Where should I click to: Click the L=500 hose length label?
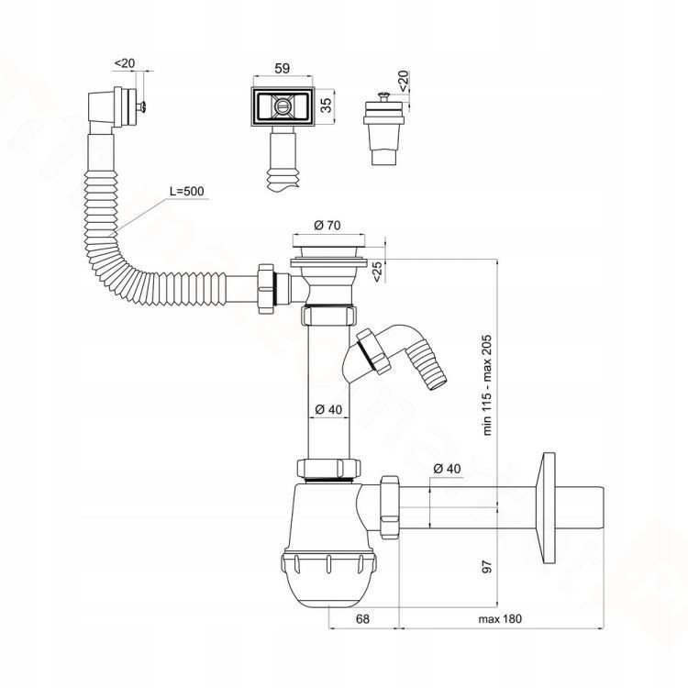click(187, 192)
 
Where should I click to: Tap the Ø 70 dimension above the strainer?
click(327, 225)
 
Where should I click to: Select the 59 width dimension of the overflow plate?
click(283, 69)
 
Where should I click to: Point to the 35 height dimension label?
click(326, 105)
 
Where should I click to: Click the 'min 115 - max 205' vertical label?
click(487, 385)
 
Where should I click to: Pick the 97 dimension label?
click(487, 566)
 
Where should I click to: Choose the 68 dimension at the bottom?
click(362, 618)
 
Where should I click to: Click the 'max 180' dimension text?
click(500, 618)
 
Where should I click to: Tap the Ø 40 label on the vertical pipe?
click(328, 409)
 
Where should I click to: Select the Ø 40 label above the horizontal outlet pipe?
click(447, 469)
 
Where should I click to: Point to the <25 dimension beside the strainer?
click(377, 272)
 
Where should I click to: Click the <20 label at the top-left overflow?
click(125, 63)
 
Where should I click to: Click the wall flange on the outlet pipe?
click(549, 507)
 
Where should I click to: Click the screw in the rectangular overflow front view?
click(283, 106)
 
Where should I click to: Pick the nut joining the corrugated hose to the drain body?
click(266, 288)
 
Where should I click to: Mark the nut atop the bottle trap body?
click(328, 468)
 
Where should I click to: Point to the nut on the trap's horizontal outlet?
click(390, 506)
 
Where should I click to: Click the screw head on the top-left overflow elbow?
click(141, 105)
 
